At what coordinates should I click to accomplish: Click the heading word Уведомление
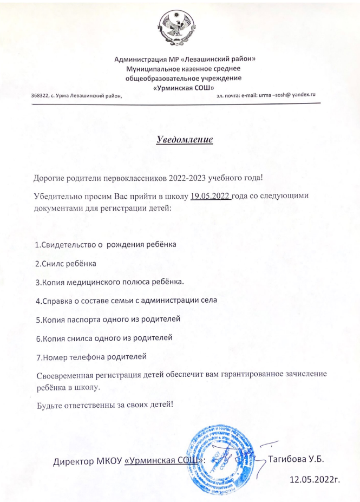point(184,140)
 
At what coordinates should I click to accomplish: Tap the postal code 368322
point(41,95)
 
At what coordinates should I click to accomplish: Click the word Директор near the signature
point(74,462)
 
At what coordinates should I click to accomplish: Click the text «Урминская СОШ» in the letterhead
point(184,87)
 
